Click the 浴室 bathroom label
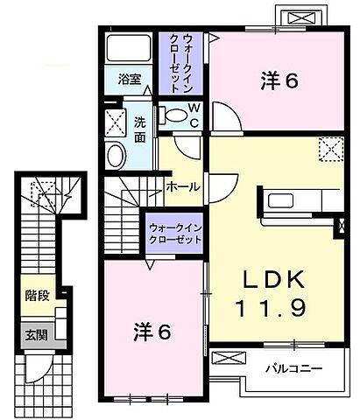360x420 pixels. pyautogui.click(x=130, y=78)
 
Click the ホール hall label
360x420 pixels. pyautogui.click(x=182, y=186)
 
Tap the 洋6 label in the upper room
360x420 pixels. pyautogui.click(x=279, y=80)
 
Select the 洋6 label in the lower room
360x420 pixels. pyautogui.click(x=151, y=332)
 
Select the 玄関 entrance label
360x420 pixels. pyautogui.click(x=36, y=335)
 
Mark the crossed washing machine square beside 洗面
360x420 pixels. pyautogui.click(x=116, y=120)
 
